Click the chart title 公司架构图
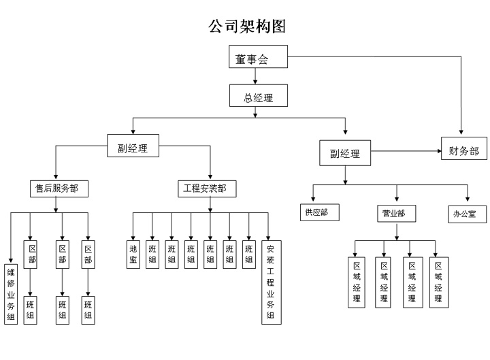246,27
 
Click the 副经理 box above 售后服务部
133,146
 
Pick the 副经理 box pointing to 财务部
345,152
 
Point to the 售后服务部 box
62,188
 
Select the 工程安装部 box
206,188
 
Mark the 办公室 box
469,214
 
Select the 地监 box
133,253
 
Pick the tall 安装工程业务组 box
270,281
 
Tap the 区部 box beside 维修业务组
31,254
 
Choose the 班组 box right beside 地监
152,253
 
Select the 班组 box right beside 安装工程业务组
249,253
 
